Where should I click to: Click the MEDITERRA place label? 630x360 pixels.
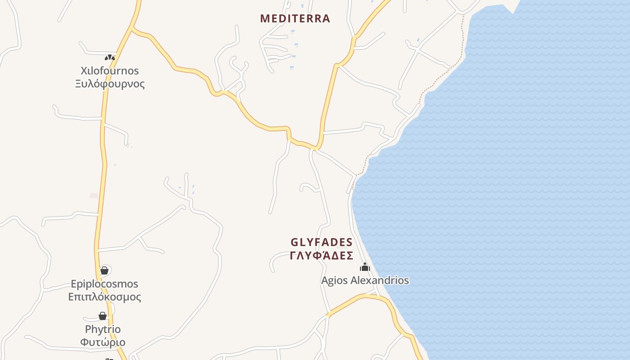point(295,18)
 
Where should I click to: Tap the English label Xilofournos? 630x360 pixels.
point(110,71)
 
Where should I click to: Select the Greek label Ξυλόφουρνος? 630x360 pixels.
point(110,84)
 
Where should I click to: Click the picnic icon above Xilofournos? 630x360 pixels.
point(110,58)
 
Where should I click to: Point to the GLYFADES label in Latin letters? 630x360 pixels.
point(321,242)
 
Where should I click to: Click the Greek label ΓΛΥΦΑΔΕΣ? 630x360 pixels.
point(321,256)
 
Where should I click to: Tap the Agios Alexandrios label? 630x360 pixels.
point(365,280)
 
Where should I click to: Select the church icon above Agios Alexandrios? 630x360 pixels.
point(365,267)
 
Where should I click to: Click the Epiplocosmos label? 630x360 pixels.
point(104,284)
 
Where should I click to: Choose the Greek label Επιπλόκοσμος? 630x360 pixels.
point(104,297)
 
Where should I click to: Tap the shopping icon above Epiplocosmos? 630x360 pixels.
point(104,270)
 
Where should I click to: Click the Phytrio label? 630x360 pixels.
point(103,329)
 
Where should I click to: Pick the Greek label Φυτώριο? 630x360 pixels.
point(103,342)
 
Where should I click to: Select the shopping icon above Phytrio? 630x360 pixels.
point(103,316)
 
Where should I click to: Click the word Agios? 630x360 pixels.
point(334,280)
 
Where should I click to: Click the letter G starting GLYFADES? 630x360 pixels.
point(295,242)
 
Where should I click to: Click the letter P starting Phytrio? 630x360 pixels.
point(88,329)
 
